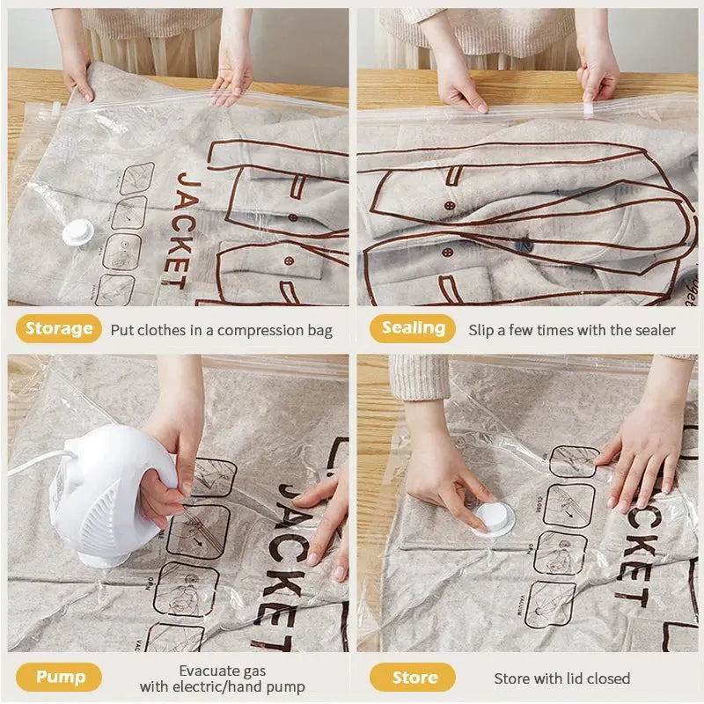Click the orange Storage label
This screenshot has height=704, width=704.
[x=59, y=329]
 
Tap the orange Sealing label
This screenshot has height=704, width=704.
[x=413, y=328]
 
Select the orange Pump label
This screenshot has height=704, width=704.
[x=59, y=677]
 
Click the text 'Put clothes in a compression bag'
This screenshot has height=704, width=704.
[x=221, y=330]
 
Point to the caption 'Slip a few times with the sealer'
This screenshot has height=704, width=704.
[x=572, y=330]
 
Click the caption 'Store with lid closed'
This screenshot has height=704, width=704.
[x=561, y=678]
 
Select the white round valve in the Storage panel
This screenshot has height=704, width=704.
[x=77, y=231]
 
